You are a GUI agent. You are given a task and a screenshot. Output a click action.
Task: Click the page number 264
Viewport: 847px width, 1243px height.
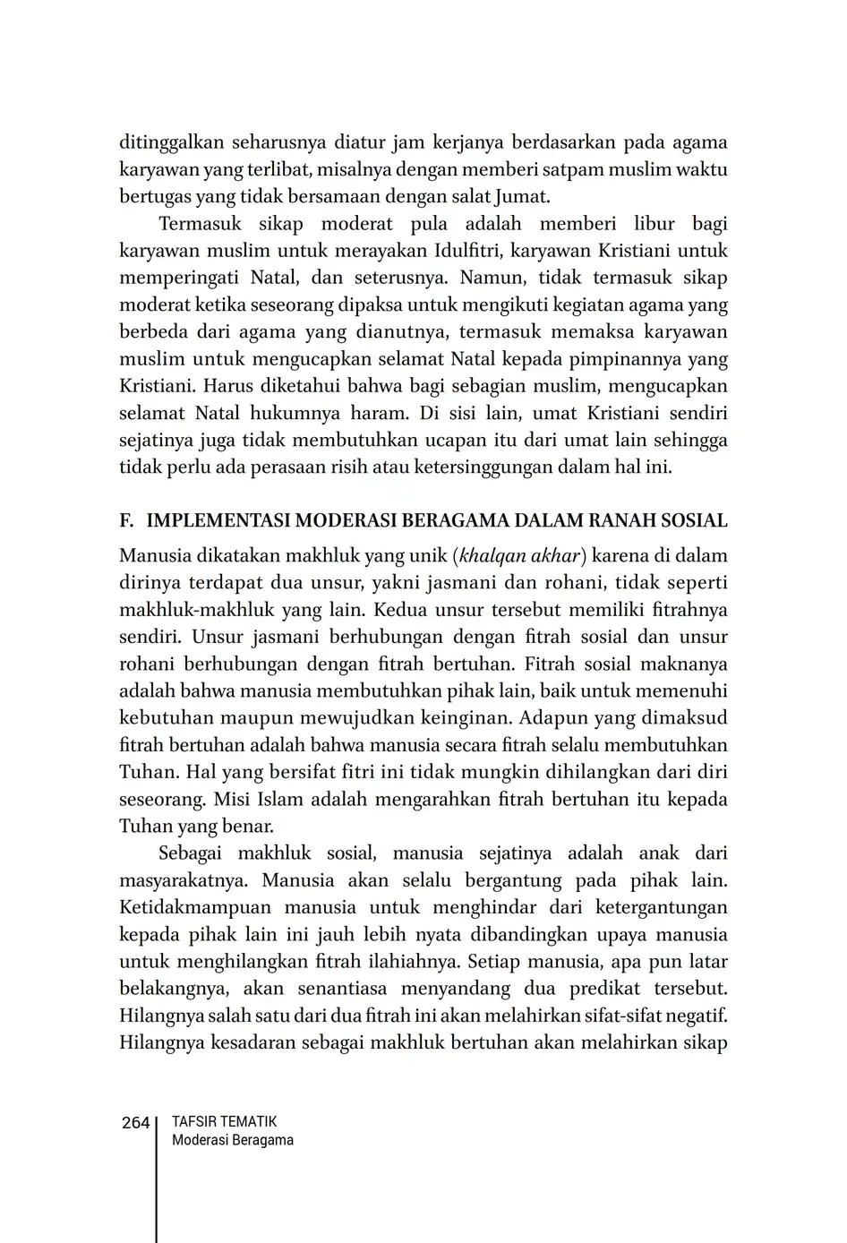coord(135,1123)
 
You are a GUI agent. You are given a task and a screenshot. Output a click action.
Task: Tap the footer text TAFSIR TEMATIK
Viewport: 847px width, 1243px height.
coord(224,1121)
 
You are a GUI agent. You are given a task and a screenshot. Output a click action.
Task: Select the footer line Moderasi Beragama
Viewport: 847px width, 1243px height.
coord(232,1140)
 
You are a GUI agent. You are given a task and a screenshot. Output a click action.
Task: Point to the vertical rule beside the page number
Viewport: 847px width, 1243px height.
coord(157,1173)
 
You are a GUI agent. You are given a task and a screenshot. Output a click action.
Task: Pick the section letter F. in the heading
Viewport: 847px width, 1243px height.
coord(126,521)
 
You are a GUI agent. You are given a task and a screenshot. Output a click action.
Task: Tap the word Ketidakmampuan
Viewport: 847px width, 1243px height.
coord(194,907)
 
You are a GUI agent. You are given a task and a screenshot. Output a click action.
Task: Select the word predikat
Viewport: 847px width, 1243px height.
coord(615,989)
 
